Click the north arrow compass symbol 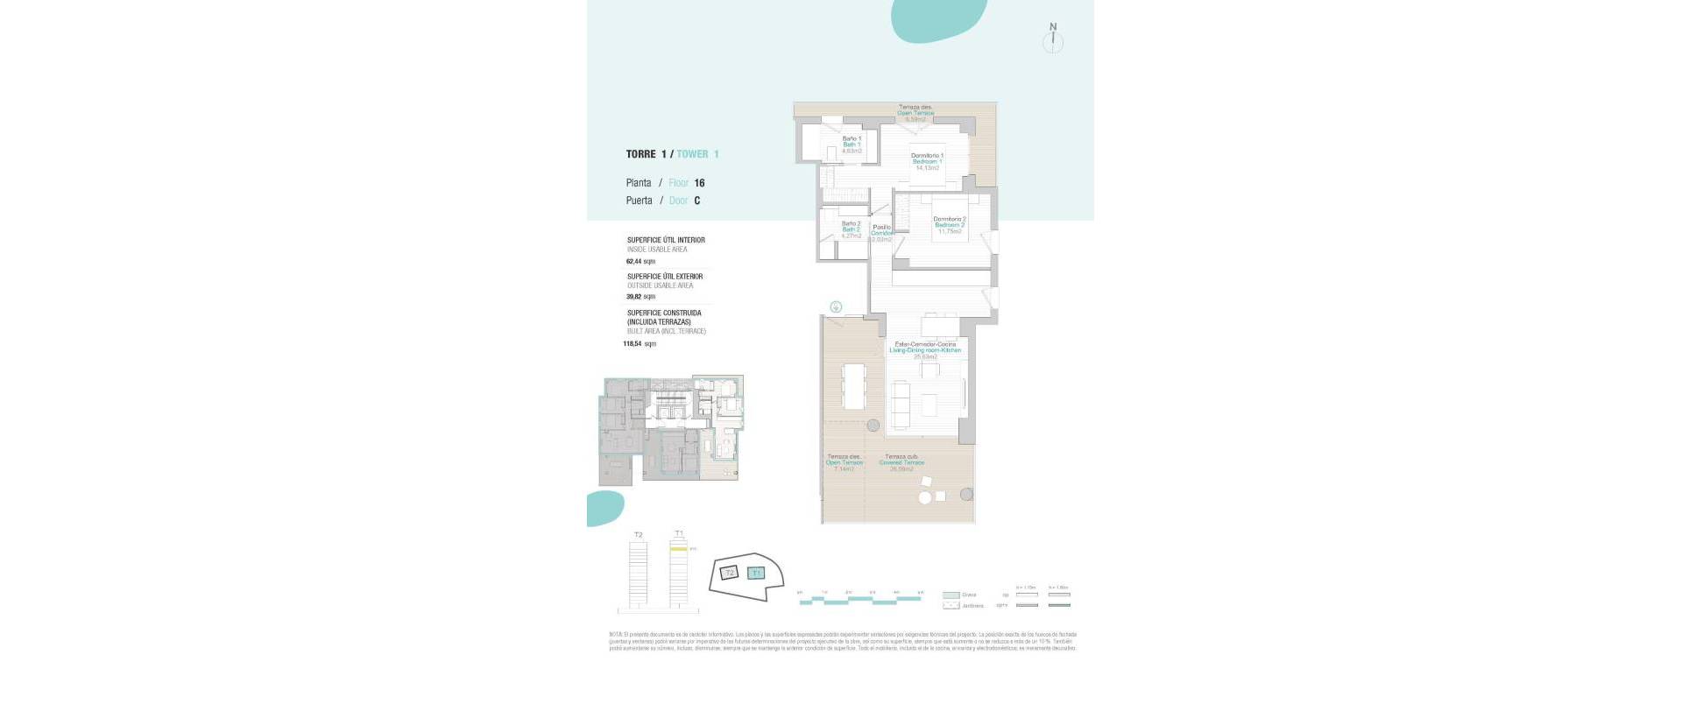[x=1053, y=40]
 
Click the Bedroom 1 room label [x=927, y=162]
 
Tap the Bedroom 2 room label [x=950, y=225]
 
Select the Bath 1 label [x=852, y=144]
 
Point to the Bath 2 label [x=851, y=229]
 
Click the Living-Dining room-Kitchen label [x=925, y=350]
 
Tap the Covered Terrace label [x=901, y=462]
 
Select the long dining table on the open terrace [x=853, y=385]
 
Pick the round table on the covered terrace [x=925, y=498]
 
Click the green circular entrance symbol [x=836, y=307]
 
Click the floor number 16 [x=699, y=183]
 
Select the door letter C [x=697, y=201]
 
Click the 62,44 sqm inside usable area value [x=640, y=261]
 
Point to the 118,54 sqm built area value [x=639, y=344]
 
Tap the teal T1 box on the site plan [x=757, y=573]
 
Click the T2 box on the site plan [x=729, y=573]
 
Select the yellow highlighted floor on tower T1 [x=679, y=548]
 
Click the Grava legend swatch [x=951, y=595]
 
